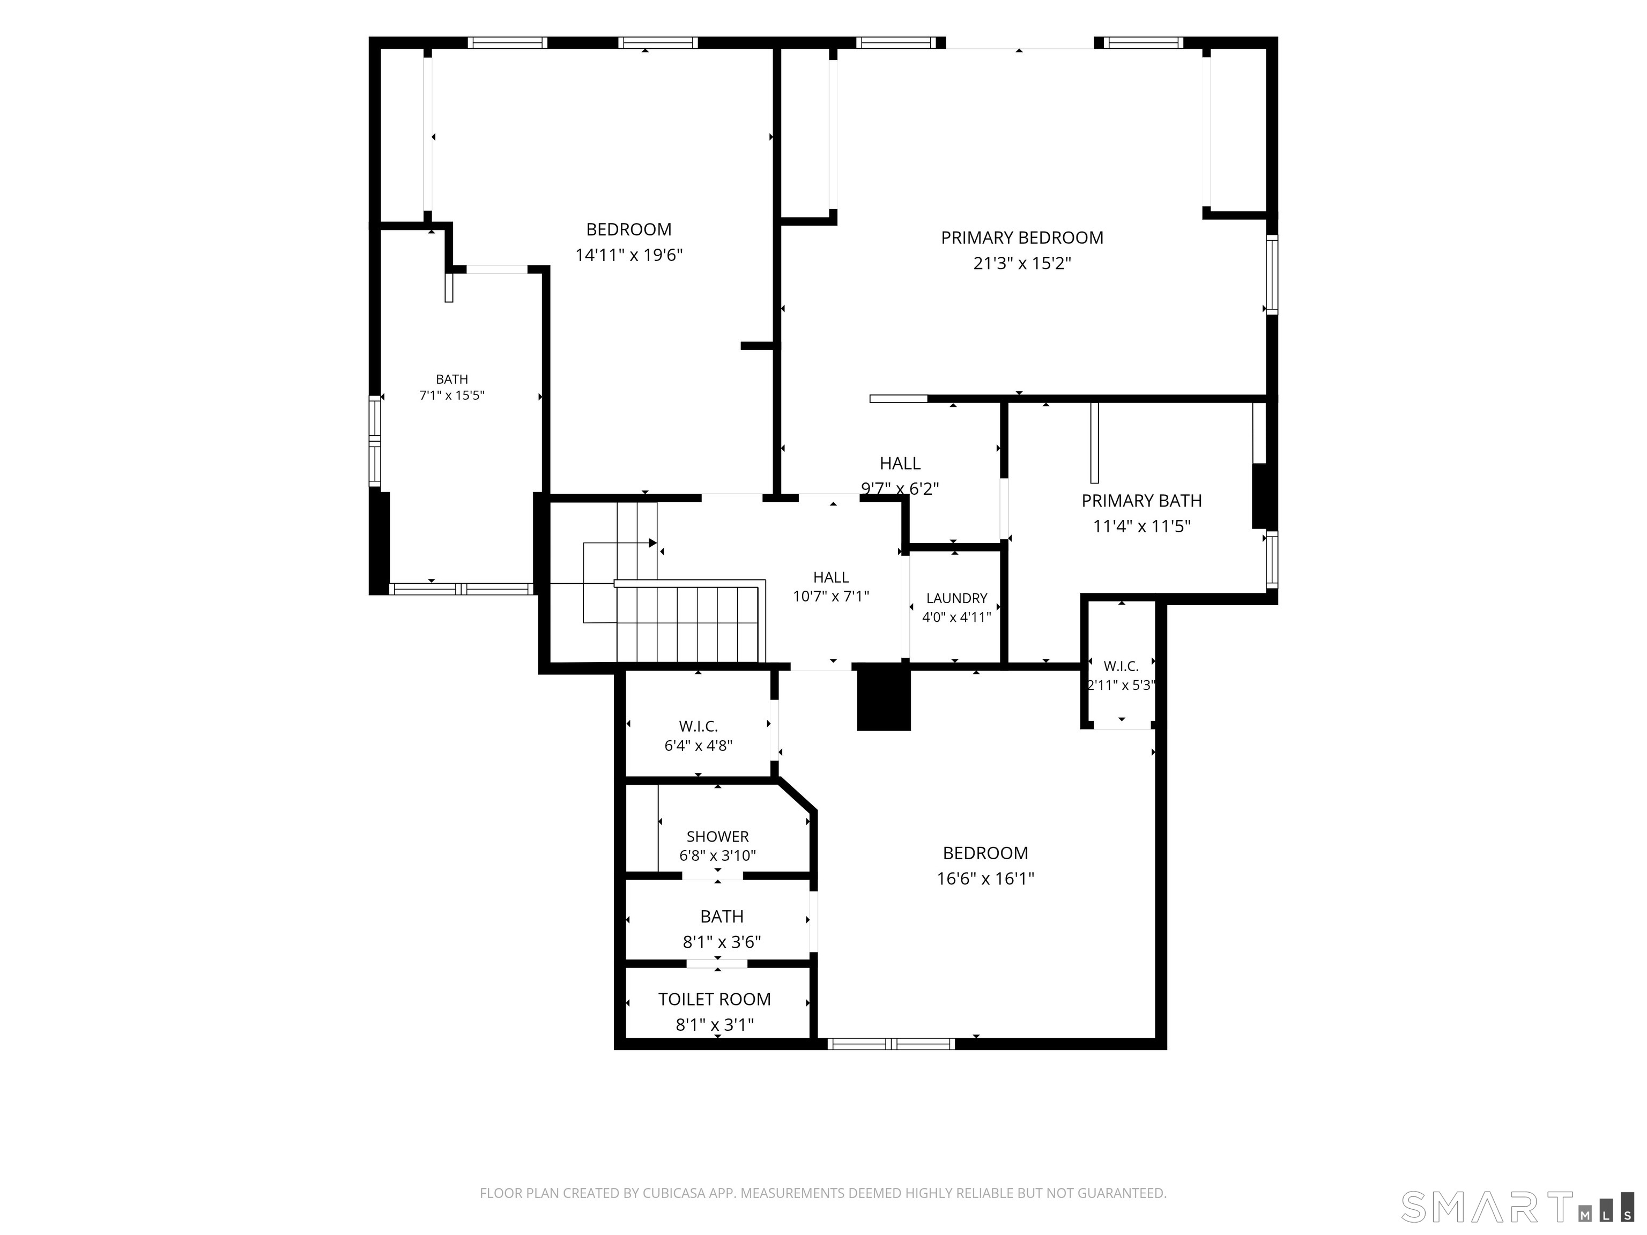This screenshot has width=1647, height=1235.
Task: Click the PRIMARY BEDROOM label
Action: [1021, 237]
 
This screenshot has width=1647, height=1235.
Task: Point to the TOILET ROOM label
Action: [715, 999]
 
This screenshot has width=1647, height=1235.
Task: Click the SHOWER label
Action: [718, 836]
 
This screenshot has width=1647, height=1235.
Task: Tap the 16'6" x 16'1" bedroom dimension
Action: [985, 879]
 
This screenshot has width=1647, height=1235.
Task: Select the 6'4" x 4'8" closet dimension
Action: [699, 745]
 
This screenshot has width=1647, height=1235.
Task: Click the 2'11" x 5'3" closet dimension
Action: [1122, 685]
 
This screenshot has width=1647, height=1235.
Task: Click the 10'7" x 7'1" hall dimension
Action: [831, 596]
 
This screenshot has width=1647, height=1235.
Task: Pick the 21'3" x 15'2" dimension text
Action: [1021, 264]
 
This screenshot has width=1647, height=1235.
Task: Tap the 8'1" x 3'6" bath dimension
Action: [722, 942]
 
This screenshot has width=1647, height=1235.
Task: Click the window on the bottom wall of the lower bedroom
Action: [891, 1044]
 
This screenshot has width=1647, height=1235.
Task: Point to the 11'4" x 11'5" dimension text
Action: [1141, 526]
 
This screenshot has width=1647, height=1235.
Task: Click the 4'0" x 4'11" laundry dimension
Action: [957, 617]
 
